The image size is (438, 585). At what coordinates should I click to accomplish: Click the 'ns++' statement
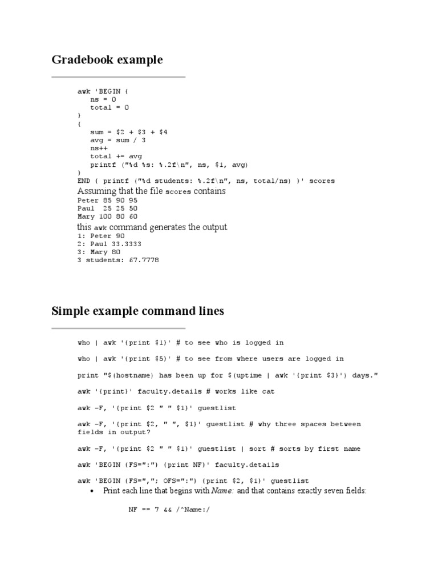(98, 148)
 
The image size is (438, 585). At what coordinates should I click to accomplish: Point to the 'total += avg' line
(116, 156)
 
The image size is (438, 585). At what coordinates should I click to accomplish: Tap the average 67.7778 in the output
(142, 261)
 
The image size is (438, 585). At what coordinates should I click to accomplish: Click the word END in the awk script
(84, 181)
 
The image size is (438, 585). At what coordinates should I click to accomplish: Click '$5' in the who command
(163, 359)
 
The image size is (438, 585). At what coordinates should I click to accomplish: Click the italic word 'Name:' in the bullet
(222, 491)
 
